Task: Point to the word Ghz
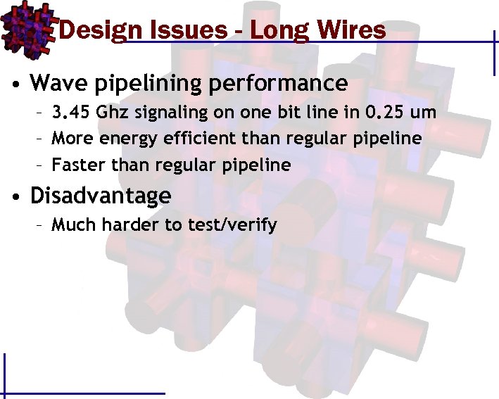coord(111,113)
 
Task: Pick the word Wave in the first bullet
coord(57,83)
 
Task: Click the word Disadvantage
coord(100,196)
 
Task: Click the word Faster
coord(76,165)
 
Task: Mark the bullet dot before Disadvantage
coord(15,197)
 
